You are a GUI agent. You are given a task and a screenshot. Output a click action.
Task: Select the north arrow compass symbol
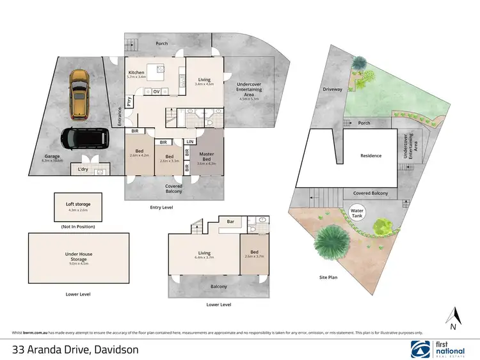454,316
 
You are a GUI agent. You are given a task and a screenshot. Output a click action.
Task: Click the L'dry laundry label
83,169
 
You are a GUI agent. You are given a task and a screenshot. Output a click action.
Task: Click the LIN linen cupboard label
190,141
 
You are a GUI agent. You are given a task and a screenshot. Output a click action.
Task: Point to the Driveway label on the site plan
332,90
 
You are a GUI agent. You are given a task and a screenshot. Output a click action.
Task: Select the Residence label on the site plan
371,155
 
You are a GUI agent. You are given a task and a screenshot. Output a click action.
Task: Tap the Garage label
52,155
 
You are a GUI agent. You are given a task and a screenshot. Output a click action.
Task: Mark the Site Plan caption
328,277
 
